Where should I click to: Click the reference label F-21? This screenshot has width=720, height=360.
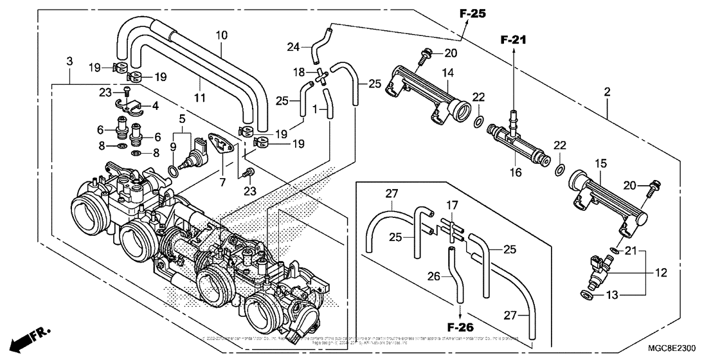[514, 40]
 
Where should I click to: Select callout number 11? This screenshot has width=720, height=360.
[200, 98]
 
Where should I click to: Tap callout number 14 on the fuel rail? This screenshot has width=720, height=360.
[447, 74]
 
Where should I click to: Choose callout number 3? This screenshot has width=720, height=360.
[69, 61]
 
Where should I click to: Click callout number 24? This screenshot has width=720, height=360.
[293, 46]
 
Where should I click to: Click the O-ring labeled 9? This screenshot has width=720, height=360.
[172, 171]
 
